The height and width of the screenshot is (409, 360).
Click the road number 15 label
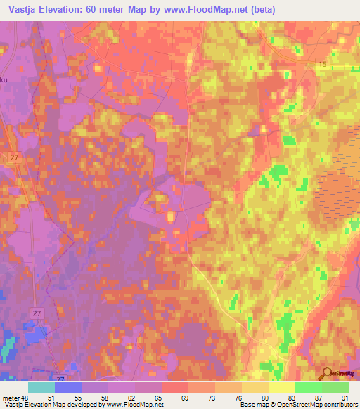point(321,64)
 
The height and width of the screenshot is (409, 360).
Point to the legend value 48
point(27,398)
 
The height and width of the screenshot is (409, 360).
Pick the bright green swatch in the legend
point(308,387)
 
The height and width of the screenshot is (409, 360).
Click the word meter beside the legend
point(11,398)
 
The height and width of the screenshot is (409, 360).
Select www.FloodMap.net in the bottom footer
point(137,405)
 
